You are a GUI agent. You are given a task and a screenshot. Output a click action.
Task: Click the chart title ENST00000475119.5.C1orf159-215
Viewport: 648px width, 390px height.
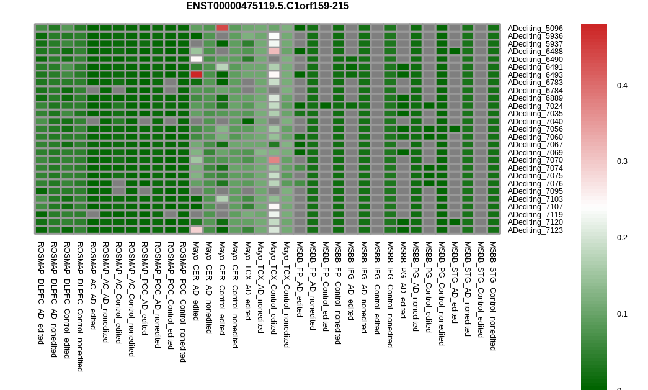point(267,6)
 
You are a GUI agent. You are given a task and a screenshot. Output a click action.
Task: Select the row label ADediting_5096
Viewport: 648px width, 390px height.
point(535,29)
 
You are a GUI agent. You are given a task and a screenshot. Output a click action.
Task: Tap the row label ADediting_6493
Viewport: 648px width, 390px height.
point(535,75)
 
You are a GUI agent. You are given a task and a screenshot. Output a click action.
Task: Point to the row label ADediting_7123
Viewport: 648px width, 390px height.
point(535,230)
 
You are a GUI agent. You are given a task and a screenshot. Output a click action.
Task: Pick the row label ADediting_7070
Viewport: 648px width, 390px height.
point(535,160)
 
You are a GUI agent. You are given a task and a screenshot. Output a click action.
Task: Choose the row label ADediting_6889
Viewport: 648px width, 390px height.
point(535,98)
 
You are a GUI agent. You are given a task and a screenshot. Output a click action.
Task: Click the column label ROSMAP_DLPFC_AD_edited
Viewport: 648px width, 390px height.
point(41,293)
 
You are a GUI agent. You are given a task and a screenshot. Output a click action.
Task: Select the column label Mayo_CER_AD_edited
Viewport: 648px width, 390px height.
point(196,281)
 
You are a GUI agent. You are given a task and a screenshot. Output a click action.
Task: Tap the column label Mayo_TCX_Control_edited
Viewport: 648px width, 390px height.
point(273,288)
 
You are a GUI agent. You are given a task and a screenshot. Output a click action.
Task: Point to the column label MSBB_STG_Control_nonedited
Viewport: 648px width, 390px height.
point(492,296)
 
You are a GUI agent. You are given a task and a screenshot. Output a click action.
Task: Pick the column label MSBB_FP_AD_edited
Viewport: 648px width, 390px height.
point(300,280)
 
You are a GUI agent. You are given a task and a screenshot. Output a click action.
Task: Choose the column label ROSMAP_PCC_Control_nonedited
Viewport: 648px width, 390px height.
point(183,302)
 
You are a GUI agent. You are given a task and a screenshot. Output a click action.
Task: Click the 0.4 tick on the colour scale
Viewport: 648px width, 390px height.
point(622,86)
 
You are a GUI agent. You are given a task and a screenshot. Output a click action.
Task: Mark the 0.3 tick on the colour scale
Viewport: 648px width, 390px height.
point(622,161)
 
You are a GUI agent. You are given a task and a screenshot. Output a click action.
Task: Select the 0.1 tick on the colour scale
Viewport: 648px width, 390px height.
point(622,314)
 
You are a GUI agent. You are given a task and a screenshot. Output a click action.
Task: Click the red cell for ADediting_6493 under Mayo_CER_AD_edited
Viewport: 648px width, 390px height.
point(197,75)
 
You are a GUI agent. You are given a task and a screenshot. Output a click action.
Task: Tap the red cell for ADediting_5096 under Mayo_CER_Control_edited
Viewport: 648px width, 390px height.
point(223,28)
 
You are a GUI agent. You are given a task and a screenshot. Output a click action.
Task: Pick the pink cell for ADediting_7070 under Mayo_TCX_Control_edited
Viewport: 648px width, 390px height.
point(273,160)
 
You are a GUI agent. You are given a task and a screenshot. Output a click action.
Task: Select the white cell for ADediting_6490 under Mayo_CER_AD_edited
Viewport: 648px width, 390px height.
point(197,59)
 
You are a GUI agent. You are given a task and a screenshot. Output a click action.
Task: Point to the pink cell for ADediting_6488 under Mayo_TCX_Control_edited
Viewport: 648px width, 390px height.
point(273,52)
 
